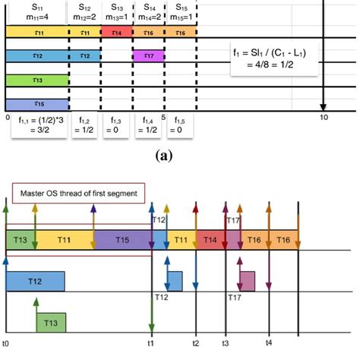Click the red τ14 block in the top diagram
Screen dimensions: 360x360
tap(117, 33)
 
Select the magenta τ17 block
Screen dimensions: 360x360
tap(148, 56)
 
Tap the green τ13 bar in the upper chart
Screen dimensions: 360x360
tap(37, 79)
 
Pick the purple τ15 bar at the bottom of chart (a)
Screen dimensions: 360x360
tap(37, 103)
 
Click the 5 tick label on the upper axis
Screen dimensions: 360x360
tap(163, 117)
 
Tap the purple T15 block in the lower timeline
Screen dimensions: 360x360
tap(123, 239)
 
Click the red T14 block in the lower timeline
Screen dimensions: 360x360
tap(210, 239)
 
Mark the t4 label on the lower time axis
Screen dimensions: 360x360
tap(269, 343)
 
